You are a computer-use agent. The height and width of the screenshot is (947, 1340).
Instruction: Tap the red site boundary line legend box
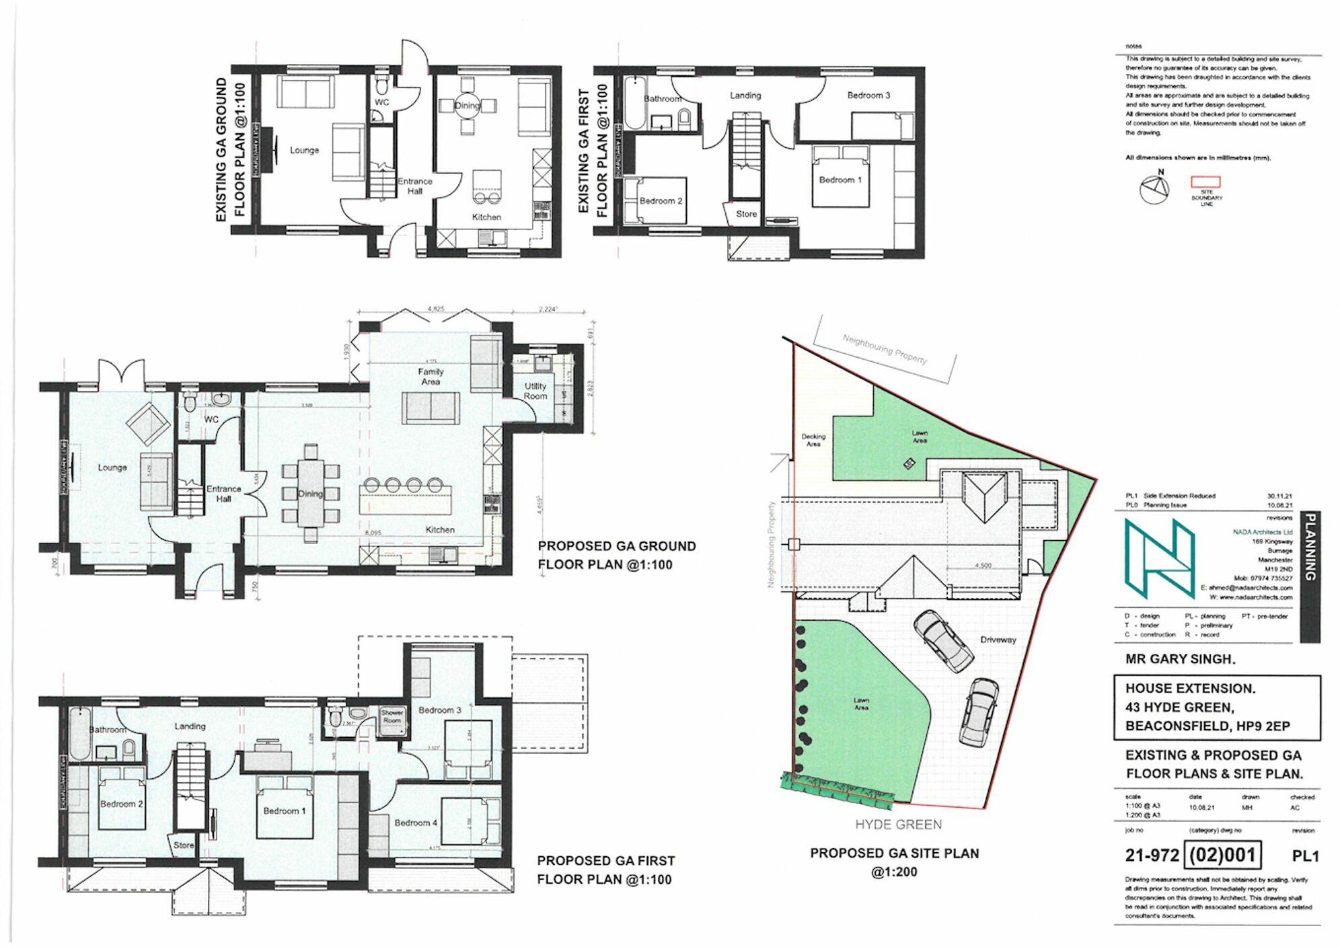click(x=1206, y=181)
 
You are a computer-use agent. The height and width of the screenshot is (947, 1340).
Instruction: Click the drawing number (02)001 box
click(x=1223, y=855)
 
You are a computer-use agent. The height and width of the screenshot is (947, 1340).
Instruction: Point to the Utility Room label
click(x=535, y=391)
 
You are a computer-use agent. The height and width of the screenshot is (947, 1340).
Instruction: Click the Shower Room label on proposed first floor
click(x=392, y=716)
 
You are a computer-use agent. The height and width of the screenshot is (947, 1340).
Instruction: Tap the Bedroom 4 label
click(x=416, y=823)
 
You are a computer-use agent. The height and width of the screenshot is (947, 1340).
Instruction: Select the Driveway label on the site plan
click(x=998, y=640)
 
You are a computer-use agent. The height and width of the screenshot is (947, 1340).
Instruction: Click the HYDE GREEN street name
click(x=898, y=824)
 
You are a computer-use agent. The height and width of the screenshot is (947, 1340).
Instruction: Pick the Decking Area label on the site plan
click(x=813, y=440)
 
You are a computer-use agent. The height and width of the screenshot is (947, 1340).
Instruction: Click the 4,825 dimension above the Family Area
click(x=436, y=309)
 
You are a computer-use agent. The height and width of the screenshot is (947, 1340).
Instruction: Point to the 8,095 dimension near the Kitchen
click(x=372, y=532)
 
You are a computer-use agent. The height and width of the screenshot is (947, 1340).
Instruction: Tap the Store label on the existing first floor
click(x=746, y=214)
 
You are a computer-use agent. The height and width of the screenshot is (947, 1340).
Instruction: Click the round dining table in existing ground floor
click(x=467, y=106)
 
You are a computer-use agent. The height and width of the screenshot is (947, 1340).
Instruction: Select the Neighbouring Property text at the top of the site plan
click(x=885, y=348)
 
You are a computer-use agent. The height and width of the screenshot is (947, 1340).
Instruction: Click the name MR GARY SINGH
click(x=1180, y=659)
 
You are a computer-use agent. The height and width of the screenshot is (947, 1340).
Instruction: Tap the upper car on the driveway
click(x=943, y=640)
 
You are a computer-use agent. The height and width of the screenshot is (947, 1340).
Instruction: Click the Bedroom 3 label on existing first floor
click(x=868, y=95)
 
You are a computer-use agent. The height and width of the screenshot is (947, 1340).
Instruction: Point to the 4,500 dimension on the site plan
click(x=983, y=566)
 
